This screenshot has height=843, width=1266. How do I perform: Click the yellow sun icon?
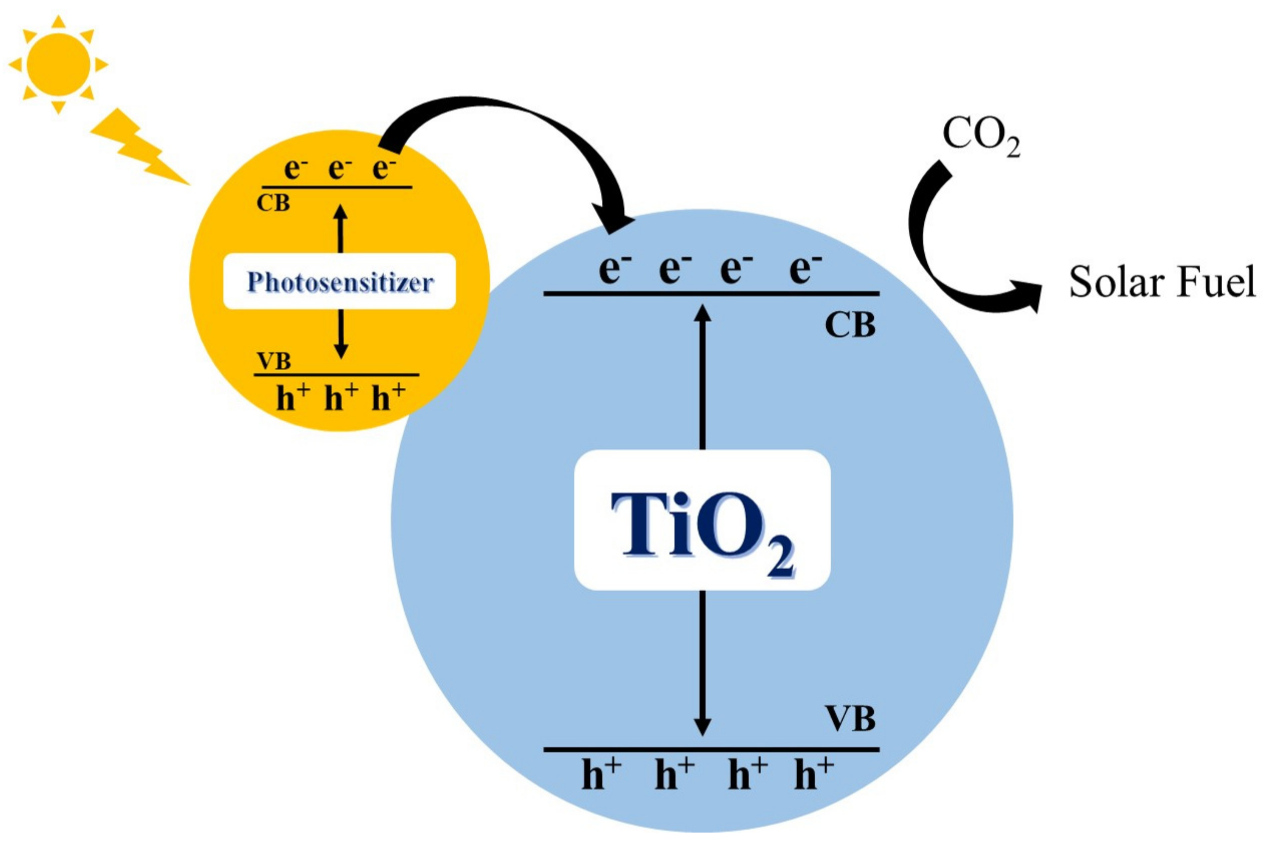point(58,65)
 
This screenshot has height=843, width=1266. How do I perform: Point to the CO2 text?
point(981,136)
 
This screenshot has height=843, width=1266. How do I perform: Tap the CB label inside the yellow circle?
point(274,203)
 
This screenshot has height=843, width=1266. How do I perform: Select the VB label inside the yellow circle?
point(274,361)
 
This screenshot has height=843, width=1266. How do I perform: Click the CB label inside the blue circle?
point(850,325)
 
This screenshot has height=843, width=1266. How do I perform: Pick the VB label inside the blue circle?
point(850,719)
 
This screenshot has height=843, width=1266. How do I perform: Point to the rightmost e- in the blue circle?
point(805,269)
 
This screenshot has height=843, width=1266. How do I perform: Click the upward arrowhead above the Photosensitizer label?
point(340,213)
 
